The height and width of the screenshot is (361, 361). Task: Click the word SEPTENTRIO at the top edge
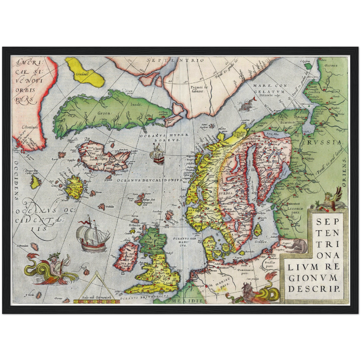coord(175,60)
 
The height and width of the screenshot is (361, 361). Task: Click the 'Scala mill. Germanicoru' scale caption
coord(96,298)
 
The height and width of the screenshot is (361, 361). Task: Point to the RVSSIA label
coord(324,143)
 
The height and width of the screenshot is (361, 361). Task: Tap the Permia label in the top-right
coord(331,65)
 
